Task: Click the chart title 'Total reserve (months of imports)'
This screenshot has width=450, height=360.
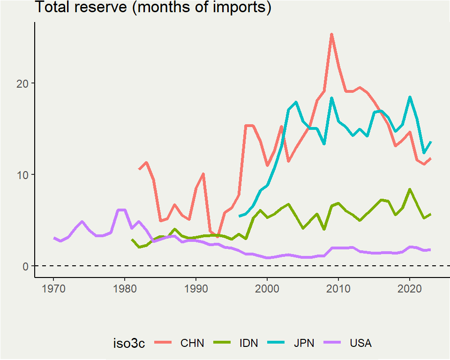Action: coord(153,8)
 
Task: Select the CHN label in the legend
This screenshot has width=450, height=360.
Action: coord(192,343)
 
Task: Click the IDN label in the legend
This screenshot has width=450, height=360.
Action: coord(248,343)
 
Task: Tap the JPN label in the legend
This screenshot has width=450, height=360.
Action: coord(305,343)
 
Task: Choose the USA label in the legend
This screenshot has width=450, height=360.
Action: coord(360,343)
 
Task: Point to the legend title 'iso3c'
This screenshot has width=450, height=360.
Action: coord(129,343)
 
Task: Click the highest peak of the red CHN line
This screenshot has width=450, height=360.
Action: coord(331,34)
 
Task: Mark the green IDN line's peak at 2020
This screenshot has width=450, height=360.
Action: coord(410,189)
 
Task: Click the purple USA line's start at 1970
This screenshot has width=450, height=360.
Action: coord(54,238)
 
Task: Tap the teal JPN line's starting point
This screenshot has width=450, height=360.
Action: coord(240,216)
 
